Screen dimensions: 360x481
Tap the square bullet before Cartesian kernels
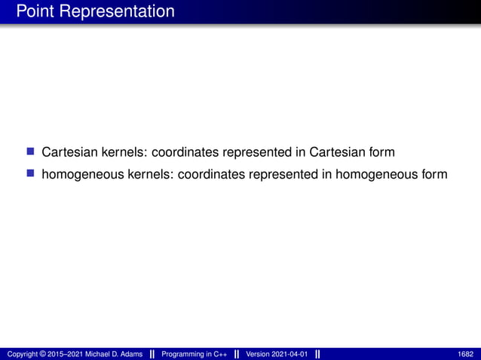(x=31, y=152)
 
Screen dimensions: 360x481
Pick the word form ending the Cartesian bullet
(x=380, y=153)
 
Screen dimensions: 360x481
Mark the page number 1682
(x=466, y=354)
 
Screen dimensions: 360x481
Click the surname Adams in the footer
(x=130, y=354)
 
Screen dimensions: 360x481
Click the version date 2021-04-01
(x=288, y=354)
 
